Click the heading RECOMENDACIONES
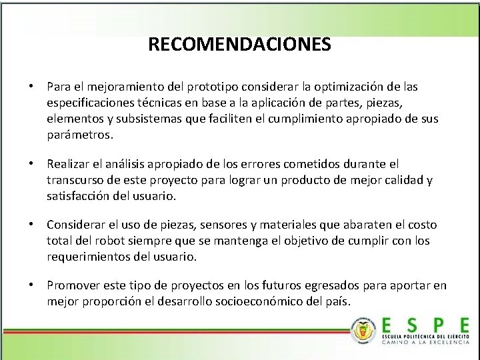[x=239, y=45]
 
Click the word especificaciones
[x=89, y=103]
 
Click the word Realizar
[x=68, y=163]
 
